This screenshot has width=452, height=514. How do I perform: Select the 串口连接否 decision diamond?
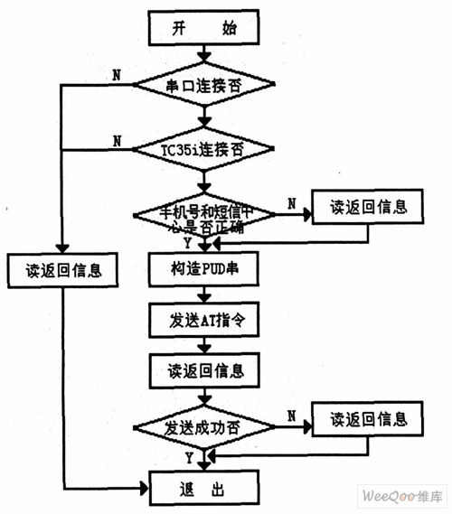203,88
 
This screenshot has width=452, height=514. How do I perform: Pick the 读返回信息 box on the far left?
61,269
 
